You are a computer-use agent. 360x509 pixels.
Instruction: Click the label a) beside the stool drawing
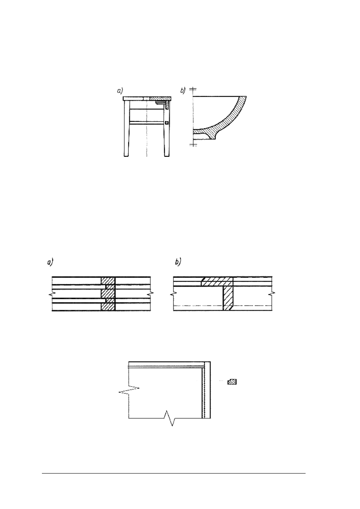[x=120, y=91]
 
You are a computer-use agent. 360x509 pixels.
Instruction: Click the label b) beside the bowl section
[x=183, y=90]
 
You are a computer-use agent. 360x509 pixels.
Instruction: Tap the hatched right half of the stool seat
[x=160, y=99]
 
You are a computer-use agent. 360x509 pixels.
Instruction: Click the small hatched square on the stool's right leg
[x=167, y=123]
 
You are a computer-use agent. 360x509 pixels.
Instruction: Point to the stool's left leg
[x=127, y=129]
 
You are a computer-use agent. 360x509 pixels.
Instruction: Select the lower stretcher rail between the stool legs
[x=147, y=123]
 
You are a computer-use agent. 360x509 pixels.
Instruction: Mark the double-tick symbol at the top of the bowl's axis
[x=193, y=89]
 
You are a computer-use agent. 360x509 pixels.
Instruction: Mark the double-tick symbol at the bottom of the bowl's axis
[x=193, y=145]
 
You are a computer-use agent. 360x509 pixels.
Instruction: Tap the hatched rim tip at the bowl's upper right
[x=242, y=100]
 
